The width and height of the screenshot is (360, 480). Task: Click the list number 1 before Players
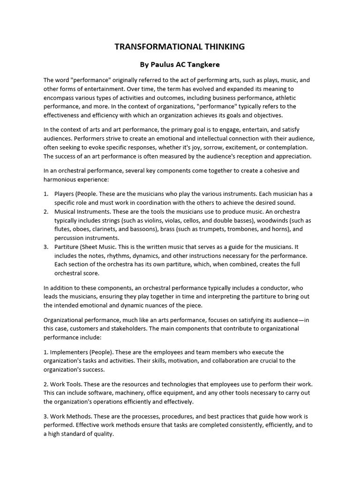click(x=46, y=194)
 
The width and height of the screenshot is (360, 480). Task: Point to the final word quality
click(x=104, y=434)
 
